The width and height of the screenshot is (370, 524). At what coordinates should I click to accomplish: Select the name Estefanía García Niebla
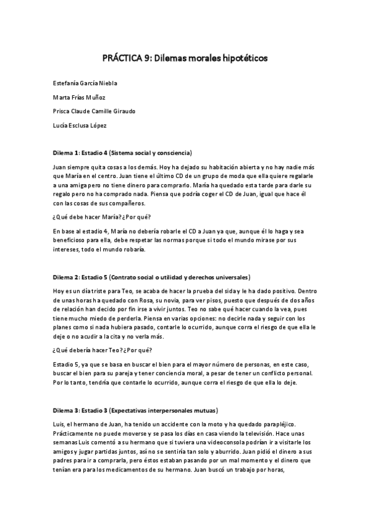point(86,83)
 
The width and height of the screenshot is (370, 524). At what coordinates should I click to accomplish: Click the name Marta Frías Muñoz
point(79,97)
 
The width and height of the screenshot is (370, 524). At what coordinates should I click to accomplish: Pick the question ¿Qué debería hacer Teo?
point(93,349)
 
